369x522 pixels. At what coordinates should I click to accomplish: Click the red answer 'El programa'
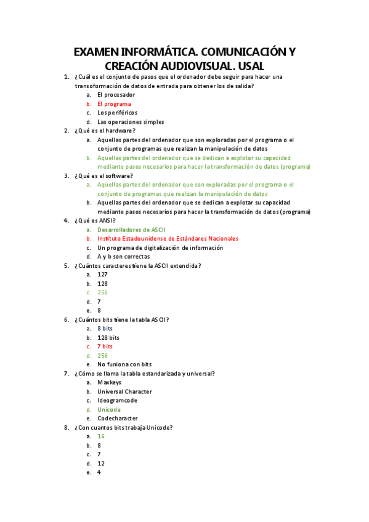(x=114, y=104)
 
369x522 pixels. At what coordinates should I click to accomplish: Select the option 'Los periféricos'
(x=117, y=113)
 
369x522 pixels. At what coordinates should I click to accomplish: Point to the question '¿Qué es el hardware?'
(x=104, y=130)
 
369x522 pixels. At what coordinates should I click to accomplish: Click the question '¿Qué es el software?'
(x=103, y=175)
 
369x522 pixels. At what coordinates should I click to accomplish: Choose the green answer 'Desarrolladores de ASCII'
(x=131, y=230)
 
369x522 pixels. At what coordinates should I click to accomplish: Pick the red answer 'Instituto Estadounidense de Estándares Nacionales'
(x=168, y=238)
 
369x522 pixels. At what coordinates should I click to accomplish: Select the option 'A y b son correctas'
(x=123, y=257)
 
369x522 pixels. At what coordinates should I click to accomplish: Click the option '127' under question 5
(x=102, y=275)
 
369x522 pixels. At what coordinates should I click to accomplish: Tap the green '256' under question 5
(x=102, y=292)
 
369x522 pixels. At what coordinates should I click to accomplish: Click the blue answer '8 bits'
(x=105, y=329)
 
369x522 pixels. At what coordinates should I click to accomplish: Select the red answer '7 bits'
(x=105, y=347)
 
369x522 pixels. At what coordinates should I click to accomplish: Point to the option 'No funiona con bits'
(x=124, y=364)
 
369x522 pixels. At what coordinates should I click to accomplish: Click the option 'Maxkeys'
(x=108, y=382)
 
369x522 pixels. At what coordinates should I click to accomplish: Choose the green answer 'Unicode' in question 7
(x=109, y=409)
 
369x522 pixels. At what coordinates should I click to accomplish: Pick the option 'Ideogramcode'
(x=117, y=400)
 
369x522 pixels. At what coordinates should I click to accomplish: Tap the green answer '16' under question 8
(x=101, y=436)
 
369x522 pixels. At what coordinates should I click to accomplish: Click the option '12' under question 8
(x=101, y=464)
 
